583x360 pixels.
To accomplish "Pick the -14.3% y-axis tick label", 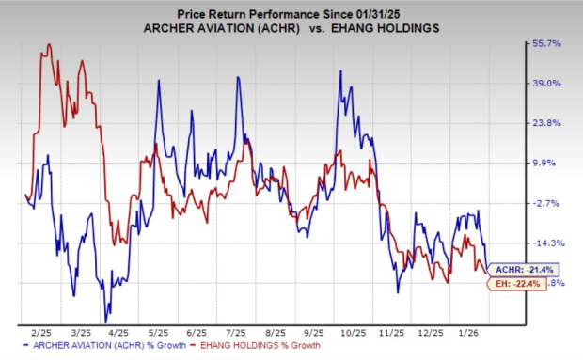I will tap(548, 243).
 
